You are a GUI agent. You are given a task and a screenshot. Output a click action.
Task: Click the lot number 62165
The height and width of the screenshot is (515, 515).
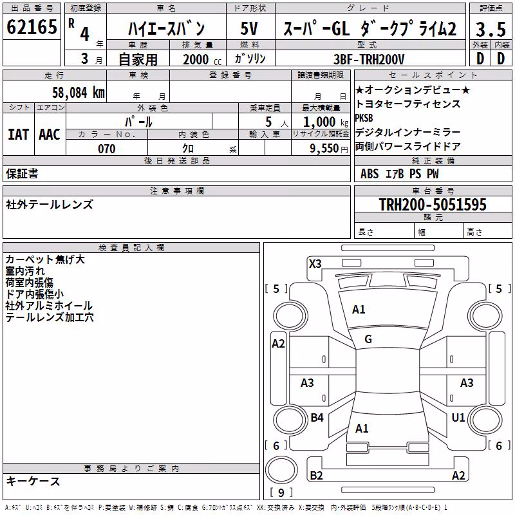click(32, 27)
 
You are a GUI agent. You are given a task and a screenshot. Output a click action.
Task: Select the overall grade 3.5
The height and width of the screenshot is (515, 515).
click(491, 29)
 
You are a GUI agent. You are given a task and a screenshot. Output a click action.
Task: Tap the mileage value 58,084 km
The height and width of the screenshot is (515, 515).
click(79, 92)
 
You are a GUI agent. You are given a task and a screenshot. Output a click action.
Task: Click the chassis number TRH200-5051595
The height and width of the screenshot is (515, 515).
click(433, 204)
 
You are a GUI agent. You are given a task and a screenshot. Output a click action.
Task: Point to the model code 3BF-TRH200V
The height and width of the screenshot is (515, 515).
click(369, 59)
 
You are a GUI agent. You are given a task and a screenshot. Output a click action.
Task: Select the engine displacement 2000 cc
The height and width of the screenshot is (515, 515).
click(202, 59)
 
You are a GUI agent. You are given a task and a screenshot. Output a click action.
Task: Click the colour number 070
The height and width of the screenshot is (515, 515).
click(107, 149)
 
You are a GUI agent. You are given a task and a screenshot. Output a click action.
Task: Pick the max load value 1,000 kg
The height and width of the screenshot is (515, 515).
click(326, 122)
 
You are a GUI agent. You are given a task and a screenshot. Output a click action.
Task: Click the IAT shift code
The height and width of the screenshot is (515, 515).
click(19, 135)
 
